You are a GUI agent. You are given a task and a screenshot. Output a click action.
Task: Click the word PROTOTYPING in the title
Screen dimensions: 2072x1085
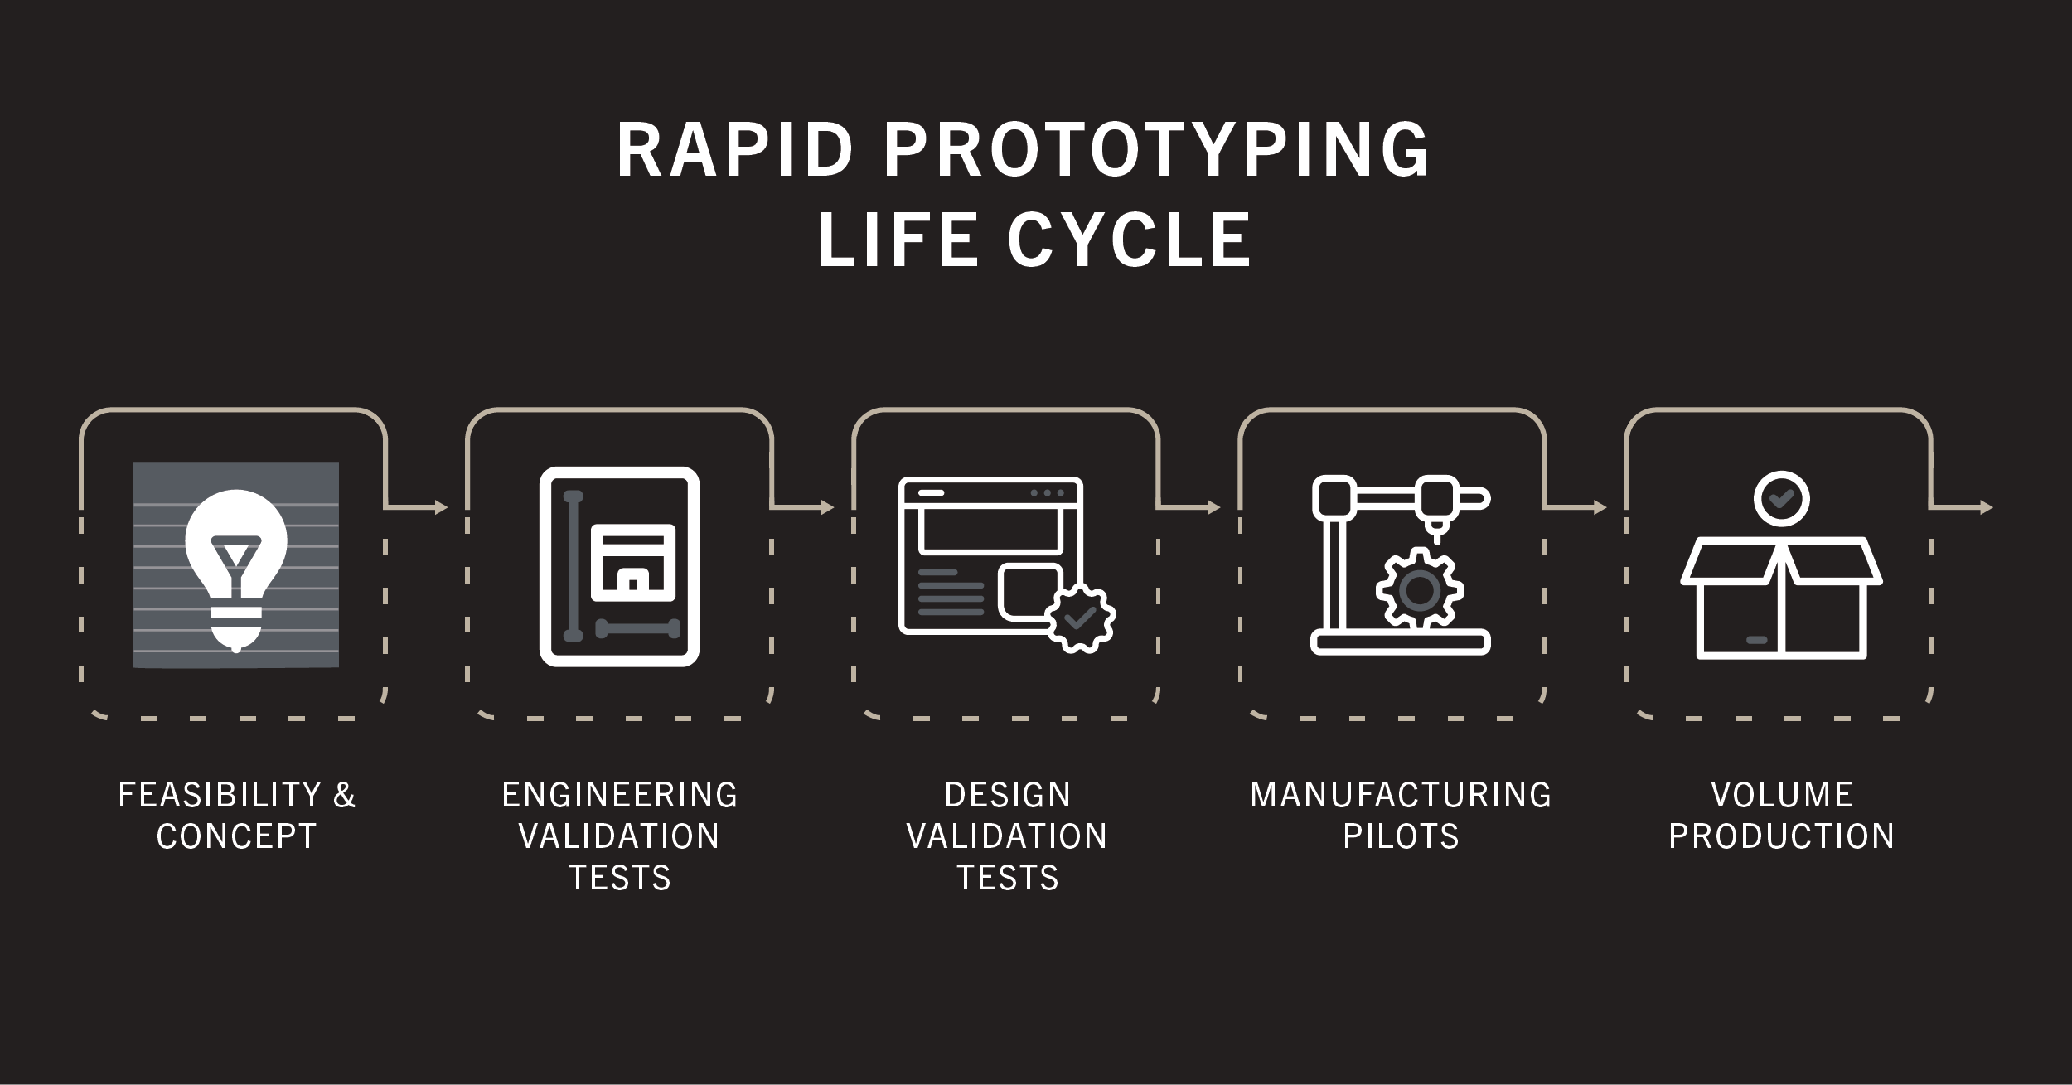(1156, 150)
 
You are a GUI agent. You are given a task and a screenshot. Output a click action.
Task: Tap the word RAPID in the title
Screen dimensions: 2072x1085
(734, 150)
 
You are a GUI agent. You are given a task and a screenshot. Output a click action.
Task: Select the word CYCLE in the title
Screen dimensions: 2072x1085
(1129, 239)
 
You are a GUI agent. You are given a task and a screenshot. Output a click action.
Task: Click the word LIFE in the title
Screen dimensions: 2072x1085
(898, 239)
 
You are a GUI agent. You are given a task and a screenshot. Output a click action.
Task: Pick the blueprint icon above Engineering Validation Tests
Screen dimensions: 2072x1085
(620, 567)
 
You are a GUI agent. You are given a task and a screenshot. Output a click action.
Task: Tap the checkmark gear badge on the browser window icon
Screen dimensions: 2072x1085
(1080, 618)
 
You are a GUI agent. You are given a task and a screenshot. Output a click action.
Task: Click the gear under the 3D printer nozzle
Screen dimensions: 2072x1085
(1420, 589)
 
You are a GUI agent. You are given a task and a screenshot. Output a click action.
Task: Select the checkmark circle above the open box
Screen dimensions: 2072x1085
(1782, 499)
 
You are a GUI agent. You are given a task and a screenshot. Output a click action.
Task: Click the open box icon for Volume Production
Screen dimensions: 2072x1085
(1782, 598)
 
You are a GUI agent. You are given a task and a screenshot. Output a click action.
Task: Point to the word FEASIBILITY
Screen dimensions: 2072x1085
(220, 795)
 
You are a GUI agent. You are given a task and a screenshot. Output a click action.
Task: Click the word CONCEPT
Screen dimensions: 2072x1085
(237, 836)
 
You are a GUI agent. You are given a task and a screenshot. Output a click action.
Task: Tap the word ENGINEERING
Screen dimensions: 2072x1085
(620, 795)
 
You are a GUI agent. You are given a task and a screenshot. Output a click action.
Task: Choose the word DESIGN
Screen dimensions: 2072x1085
(1008, 795)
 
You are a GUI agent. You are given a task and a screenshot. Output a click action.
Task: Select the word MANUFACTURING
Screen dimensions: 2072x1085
(1401, 795)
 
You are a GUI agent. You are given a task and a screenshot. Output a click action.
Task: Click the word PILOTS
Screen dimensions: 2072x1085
(1401, 836)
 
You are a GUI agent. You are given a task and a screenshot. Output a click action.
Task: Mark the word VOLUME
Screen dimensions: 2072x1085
(1782, 795)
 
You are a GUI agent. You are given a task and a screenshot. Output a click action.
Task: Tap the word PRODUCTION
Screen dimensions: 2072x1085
(1782, 836)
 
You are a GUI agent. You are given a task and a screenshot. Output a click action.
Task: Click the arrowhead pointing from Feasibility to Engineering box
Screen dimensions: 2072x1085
(441, 507)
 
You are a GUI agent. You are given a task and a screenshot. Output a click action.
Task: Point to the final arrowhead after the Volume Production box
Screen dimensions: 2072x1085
(1987, 507)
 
